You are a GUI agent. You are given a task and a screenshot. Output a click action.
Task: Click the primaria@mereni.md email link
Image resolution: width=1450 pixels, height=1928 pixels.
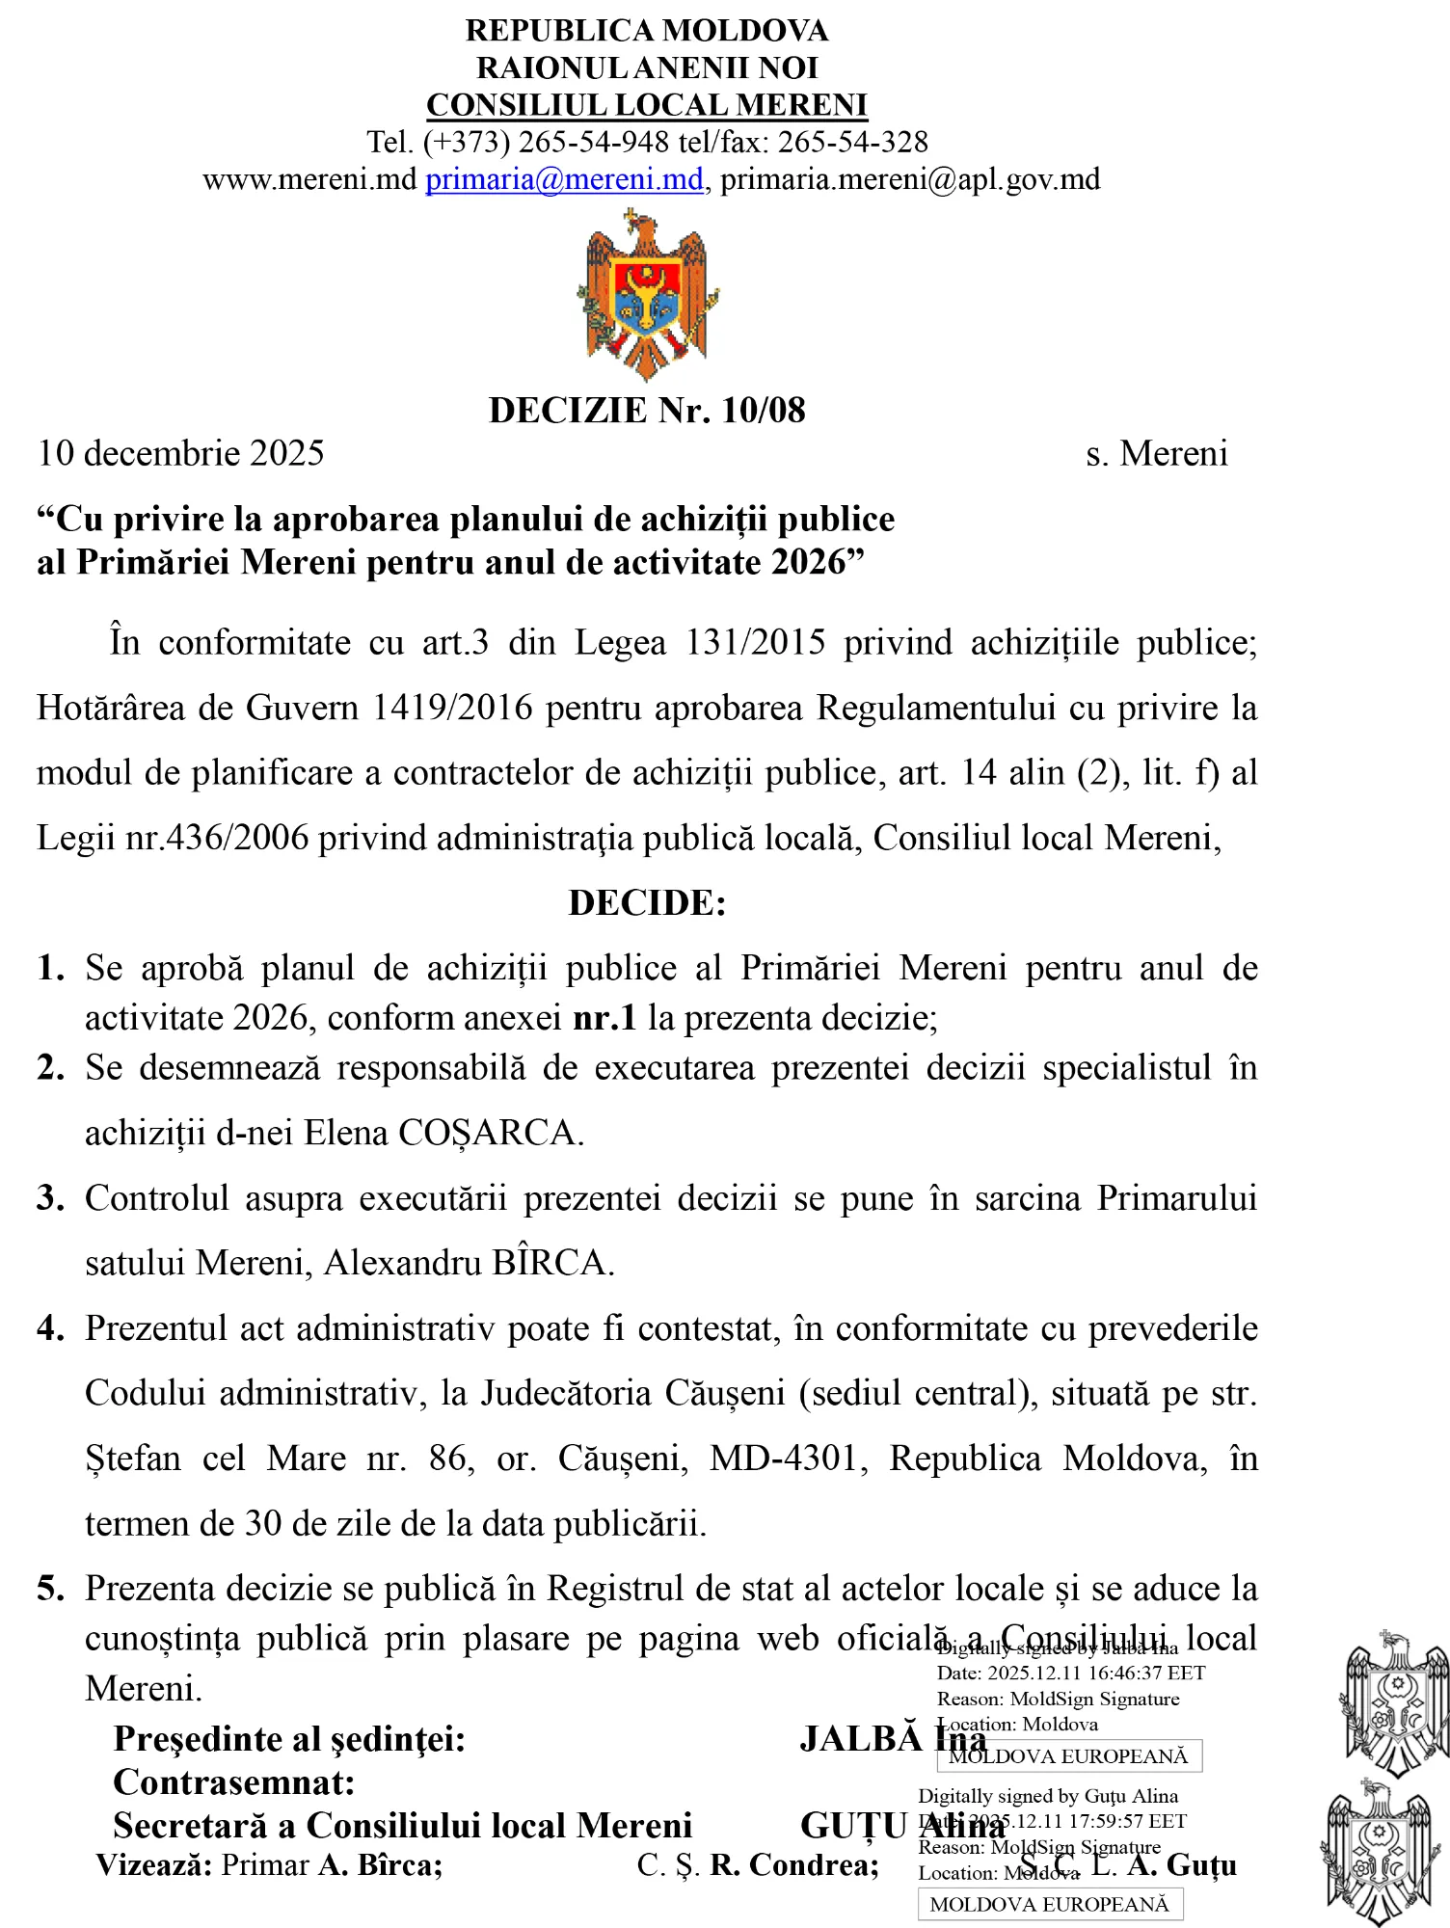(x=564, y=179)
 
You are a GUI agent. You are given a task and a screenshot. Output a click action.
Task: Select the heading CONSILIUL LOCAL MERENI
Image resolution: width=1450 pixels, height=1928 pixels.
(x=647, y=105)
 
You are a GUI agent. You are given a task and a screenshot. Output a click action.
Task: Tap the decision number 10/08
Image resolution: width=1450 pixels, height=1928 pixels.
(x=763, y=411)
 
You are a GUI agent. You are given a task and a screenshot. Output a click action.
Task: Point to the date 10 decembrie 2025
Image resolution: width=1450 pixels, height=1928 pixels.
(x=181, y=453)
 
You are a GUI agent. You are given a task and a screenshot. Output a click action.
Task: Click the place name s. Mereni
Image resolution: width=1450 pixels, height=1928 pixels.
(x=1156, y=453)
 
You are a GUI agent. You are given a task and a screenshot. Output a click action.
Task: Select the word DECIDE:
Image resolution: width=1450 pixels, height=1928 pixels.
(x=647, y=903)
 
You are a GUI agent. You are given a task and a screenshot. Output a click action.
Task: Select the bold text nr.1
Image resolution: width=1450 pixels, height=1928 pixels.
(x=604, y=1018)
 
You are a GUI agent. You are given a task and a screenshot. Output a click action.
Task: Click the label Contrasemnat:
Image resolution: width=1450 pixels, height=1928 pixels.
(x=234, y=1782)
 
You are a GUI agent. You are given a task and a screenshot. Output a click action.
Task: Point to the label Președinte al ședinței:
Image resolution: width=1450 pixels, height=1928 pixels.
(x=289, y=1739)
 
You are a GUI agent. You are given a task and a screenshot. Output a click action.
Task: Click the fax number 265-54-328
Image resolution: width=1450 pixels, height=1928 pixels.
(x=852, y=143)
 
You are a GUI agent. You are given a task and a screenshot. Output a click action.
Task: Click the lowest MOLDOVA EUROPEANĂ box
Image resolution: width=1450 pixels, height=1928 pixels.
(x=1049, y=1904)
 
